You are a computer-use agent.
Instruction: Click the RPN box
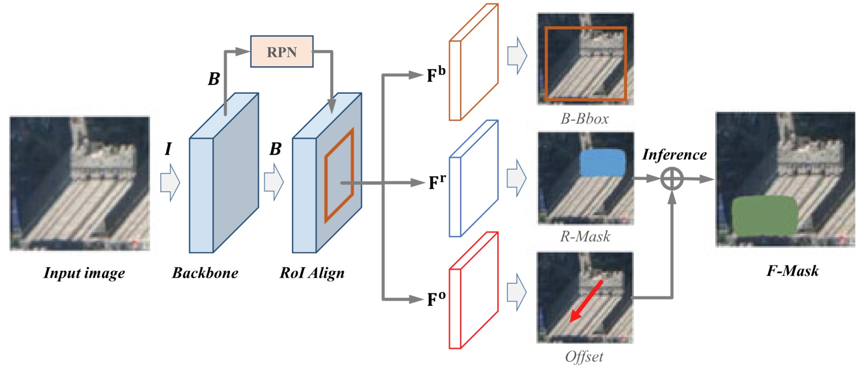(281, 52)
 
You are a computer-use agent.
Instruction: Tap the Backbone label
(205, 273)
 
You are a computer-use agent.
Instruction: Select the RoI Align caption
(312, 273)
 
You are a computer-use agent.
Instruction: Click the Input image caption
(84, 273)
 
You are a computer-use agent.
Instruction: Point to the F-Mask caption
(792, 271)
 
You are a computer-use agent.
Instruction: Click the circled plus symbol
(671, 178)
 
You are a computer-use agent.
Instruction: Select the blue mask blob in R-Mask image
(603, 163)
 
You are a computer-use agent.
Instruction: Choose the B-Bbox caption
(585, 118)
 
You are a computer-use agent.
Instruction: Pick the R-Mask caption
(585, 236)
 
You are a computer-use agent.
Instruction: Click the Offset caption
(584, 356)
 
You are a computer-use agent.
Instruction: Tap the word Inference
(674, 155)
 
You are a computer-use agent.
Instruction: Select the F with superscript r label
(437, 182)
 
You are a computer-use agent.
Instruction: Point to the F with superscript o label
(436, 299)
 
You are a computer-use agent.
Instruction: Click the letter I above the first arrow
(168, 149)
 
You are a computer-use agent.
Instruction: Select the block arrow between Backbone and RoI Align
(274, 182)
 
